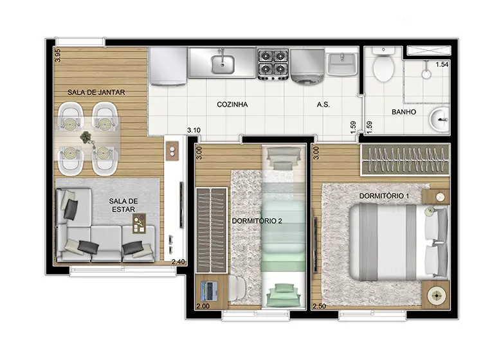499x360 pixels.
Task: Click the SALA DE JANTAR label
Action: (x=96, y=92)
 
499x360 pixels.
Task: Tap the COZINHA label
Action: (x=232, y=104)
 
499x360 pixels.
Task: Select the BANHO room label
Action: (x=404, y=112)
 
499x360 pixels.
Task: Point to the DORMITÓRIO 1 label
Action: (x=384, y=196)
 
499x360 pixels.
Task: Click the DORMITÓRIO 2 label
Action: (x=257, y=221)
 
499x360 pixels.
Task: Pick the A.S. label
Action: (x=323, y=104)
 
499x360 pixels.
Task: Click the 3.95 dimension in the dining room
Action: (x=58, y=55)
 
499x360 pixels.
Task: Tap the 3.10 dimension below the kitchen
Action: (x=194, y=130)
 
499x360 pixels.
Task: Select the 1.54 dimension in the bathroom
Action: (x=442, y=64)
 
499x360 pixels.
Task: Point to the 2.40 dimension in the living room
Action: (x=178, y=262)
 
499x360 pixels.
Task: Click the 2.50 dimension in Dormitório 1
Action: (x=319, y=306)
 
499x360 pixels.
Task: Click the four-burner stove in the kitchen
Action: (x=273, y=64)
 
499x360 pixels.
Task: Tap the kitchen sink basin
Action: (x=222, y=64)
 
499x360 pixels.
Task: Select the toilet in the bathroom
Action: (x=383, y=64)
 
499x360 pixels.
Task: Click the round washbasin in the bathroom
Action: (x=439, y=120)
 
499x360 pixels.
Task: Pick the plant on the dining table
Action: (x=86, y=138)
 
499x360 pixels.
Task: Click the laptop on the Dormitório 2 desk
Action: (x=210, y=291)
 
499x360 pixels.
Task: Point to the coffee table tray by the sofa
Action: (x=139, y=223)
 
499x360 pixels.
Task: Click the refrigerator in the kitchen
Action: (x=168, y=66)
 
